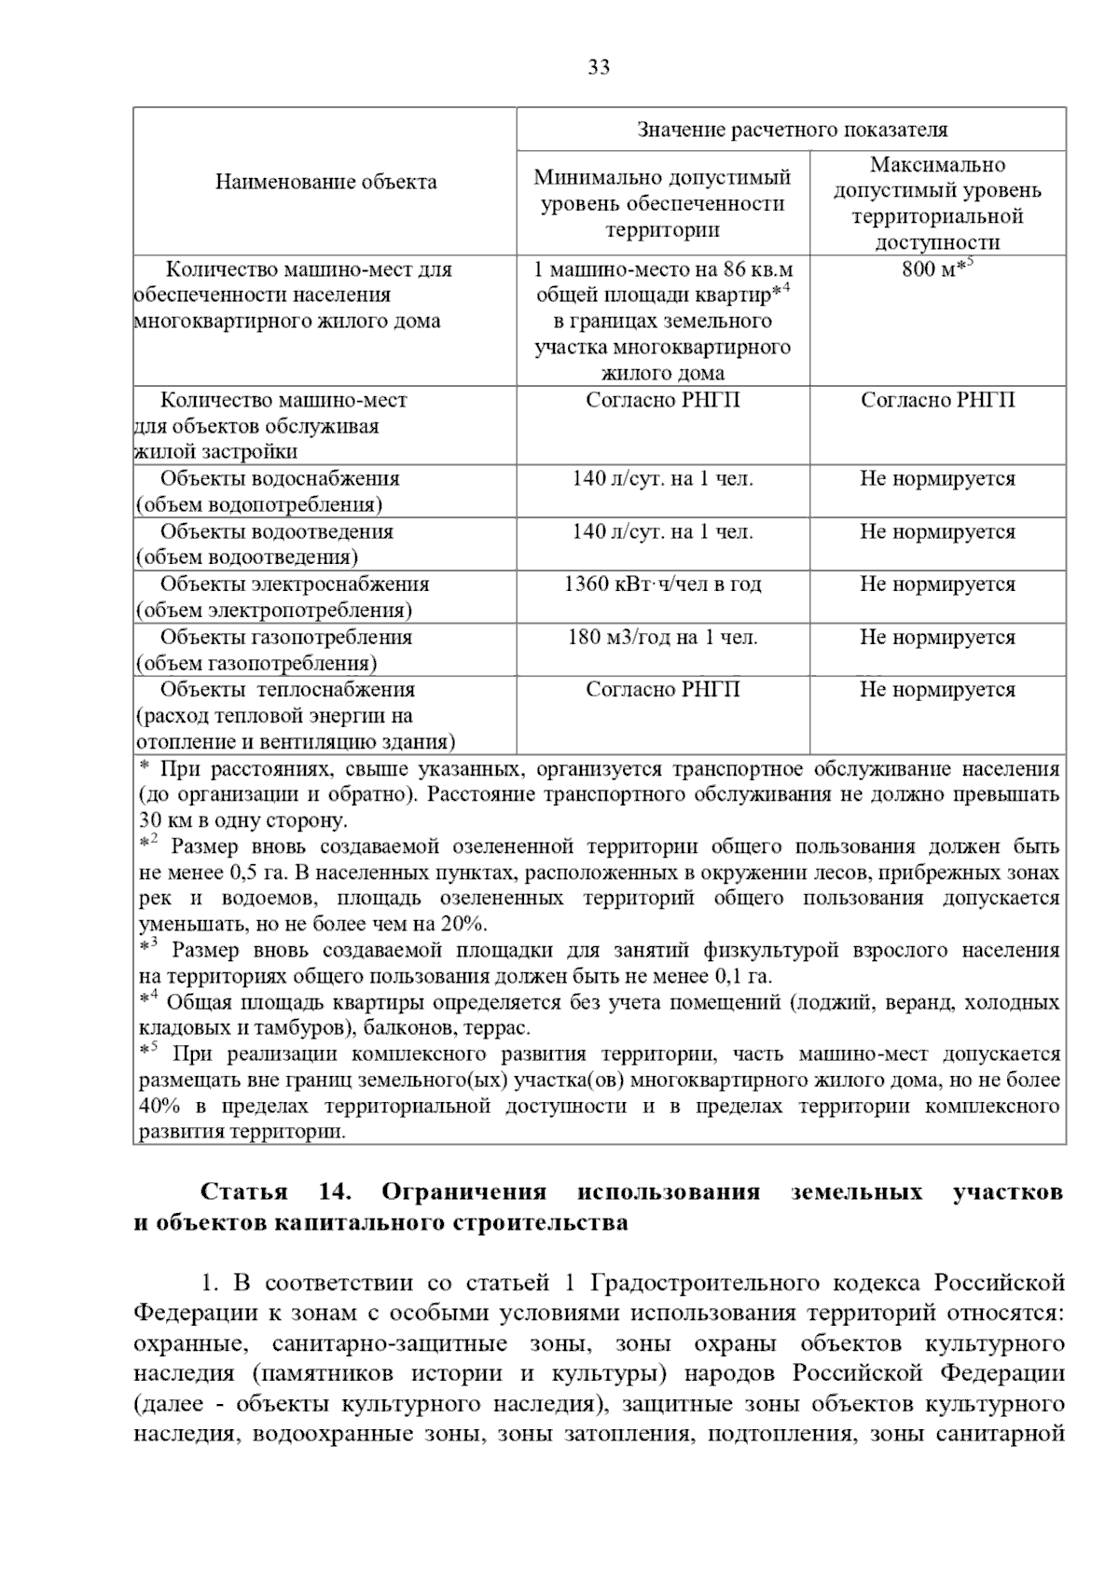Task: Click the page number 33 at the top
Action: click(599, 67)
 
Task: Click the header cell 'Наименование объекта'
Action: click(325, 181)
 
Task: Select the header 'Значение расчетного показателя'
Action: click(792, 130)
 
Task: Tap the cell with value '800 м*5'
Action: click(936, 270)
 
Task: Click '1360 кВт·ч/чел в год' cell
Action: click(662, 585)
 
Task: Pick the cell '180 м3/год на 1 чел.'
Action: click(662, 638)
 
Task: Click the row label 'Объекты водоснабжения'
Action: click(280, 479)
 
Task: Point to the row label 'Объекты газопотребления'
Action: click(285, 638)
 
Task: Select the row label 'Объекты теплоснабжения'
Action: click(287, 690)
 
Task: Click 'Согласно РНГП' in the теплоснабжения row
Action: click(662, 690)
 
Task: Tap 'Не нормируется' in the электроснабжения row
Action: click(937, 585)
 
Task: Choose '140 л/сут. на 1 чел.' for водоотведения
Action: click(662, 532)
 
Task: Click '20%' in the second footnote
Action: click(466, 925)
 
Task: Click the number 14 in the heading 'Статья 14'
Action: click(333, 1192)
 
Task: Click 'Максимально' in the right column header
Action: click(937, 165)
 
